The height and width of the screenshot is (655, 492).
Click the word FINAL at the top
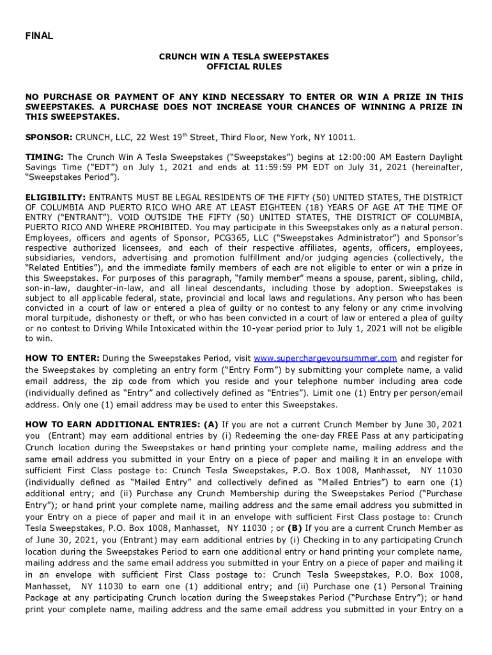(x=39, y=36)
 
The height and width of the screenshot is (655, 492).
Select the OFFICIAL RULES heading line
(x=244, y=67)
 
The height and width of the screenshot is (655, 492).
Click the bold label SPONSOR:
(x=49, y=138)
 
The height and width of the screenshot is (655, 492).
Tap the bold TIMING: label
(x=45, y=157)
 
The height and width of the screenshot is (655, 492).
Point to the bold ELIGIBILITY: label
(x=56, y=198)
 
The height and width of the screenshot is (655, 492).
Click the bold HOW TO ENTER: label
(x=62, y=358)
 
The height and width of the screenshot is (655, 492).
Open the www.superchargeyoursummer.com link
(x=325, y=358)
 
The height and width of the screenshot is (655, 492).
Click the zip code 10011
(x=341, y=138)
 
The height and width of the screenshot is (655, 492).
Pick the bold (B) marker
(x=295, y=528)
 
